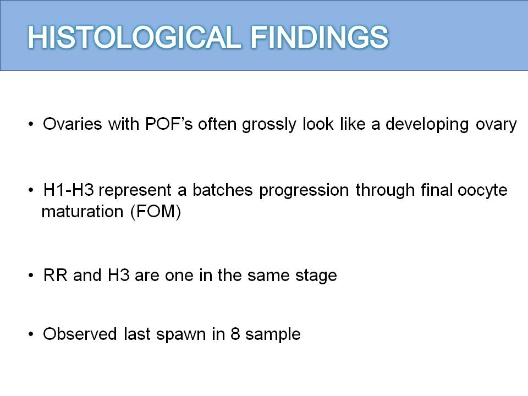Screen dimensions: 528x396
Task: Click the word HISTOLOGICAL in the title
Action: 134,37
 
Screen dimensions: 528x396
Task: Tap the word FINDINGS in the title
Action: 320,37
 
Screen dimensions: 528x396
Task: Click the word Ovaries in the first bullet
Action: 73,124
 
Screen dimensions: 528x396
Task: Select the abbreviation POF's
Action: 169,124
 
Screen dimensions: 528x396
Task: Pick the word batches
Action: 223,190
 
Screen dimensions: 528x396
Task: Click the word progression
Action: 304,191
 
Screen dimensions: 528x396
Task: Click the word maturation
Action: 82,212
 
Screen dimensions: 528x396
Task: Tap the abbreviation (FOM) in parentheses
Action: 156,212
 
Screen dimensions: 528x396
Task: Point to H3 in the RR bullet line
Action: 119,276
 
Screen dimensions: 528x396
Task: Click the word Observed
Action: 80,334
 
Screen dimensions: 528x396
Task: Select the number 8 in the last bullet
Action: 235,334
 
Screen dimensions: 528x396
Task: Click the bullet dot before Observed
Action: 31,334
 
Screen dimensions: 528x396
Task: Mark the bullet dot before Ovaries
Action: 31,124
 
